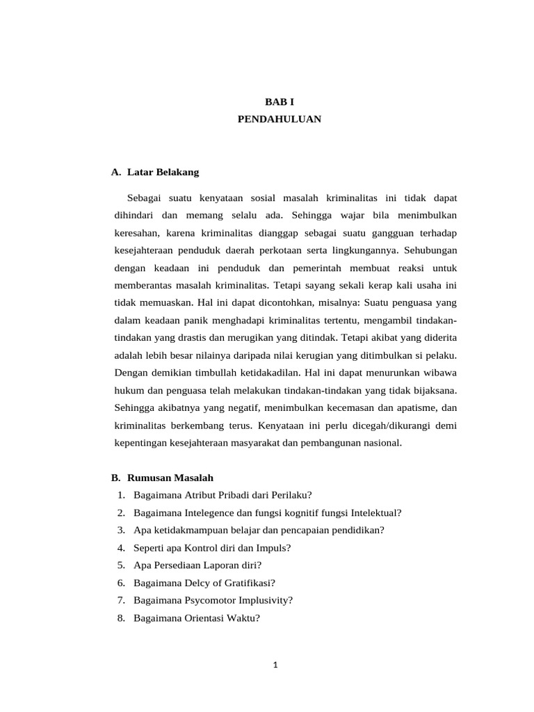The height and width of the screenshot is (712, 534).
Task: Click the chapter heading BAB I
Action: click(280, 102)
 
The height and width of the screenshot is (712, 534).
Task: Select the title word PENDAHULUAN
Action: click(280, 119)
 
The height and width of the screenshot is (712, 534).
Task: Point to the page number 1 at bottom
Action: click(275, 665)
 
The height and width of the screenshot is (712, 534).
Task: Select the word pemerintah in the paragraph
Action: click(318, 268)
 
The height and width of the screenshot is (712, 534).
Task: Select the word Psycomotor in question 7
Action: click(207, 600)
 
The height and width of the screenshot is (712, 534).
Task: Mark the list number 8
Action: click(121, 617)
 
